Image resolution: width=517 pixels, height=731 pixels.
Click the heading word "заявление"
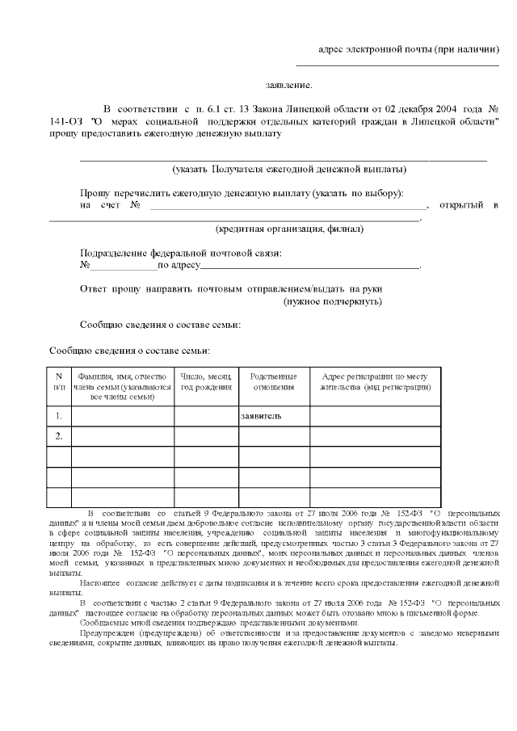[288, 85]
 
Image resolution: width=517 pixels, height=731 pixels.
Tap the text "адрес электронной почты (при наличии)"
[409, 50]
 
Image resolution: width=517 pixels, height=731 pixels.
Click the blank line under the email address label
[397, 65]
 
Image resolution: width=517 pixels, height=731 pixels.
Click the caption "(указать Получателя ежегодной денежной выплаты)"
[289, 169]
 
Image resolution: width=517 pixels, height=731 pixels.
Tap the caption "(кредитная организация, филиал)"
[289, 229]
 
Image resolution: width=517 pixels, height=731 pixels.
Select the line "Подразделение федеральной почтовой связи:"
[181, 253]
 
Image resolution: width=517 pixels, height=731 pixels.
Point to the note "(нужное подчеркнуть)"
[333, 301]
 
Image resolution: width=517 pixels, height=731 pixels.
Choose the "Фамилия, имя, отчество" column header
[122, 387]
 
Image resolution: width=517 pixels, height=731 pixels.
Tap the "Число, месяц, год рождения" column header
[206, 382]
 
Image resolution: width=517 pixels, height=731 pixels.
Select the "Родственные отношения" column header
[274, 382]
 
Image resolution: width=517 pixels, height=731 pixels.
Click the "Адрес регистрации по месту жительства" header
[375, 382]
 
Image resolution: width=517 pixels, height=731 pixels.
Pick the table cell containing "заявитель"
[274, 416]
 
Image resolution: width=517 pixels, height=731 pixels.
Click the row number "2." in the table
[59, 436]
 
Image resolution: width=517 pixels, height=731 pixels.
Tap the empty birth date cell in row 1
[206, 416]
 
